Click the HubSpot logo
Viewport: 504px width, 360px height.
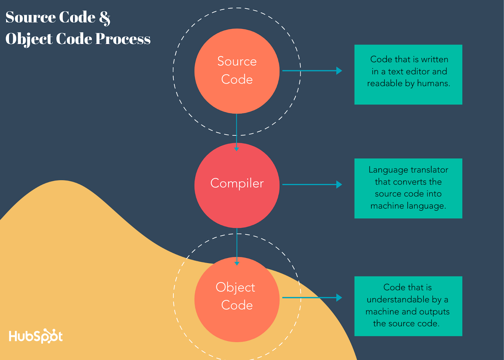(x=36, y=336)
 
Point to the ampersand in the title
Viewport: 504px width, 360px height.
(x=105, y=18)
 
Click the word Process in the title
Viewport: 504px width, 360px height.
(x=123, y=39)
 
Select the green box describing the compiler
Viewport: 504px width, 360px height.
(x=408, y=188)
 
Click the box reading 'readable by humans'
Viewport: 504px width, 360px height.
(x=408, y=74)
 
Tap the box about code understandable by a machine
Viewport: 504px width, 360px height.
(x=408, y=306)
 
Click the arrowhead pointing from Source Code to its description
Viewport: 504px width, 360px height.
(x=339, y=71)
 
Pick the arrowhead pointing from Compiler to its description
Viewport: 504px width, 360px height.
(x=339, y=184)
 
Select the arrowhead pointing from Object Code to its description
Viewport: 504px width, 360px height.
(x=339, y=298)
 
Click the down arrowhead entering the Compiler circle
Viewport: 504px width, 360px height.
(x=237, y=148)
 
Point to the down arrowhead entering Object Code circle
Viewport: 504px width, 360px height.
(x=237, y=263)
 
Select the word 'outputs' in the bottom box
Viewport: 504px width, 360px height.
(x=434, y=312)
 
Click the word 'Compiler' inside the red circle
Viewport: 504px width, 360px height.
(x=237, y=183)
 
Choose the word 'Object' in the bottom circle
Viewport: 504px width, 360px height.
(x=235, y=287)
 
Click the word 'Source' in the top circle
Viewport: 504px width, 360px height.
(x=237, y=61)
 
